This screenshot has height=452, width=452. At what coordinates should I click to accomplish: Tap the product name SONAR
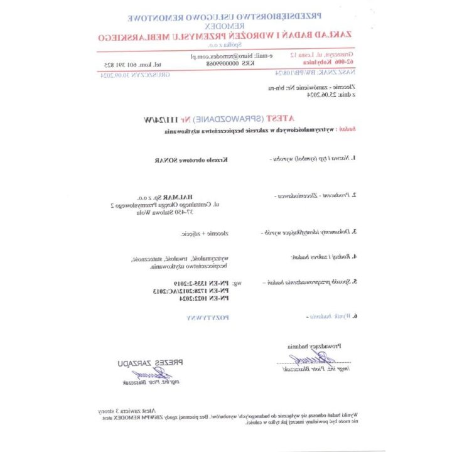coord(164,159)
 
